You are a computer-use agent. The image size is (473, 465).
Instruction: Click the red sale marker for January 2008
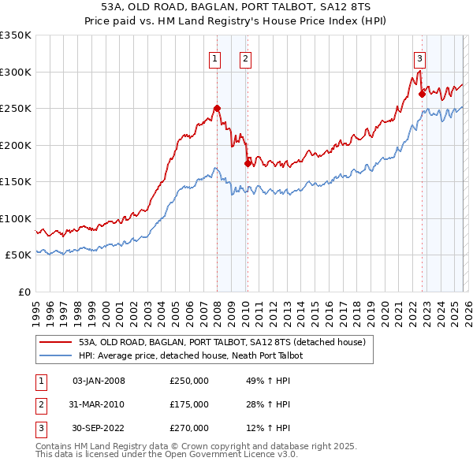(x=217, y=108)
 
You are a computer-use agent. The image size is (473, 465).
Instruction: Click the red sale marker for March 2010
(x=248, y=163)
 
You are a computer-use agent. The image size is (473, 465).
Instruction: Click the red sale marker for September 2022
(x=422, y=94)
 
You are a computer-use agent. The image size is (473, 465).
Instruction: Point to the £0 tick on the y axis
(x=24, y=292)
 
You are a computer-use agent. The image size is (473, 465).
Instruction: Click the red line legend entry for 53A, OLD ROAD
(x=222, y=343)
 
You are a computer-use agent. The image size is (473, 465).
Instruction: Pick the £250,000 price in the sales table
(x=188, y=381)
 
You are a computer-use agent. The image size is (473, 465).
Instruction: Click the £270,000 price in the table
(x=188, y=428)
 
